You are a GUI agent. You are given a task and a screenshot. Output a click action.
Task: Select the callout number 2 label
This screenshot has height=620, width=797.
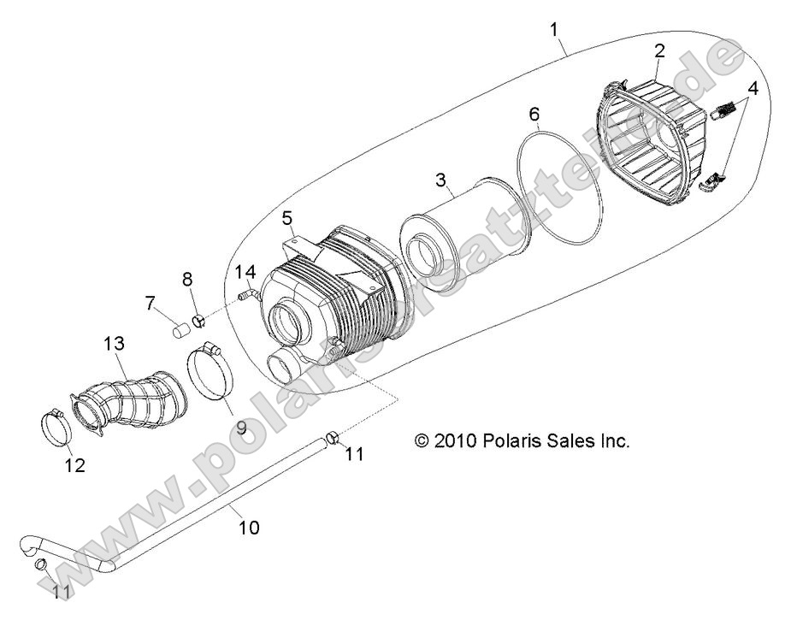click(x=659, y=50)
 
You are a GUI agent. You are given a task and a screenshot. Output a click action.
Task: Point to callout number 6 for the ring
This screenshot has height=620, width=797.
click(x=534, y=114)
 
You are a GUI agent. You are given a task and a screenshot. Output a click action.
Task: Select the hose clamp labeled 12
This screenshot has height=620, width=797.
click(x=56, y=425)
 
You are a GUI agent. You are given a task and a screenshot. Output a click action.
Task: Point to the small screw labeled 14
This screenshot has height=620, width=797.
click(x=245, y=296)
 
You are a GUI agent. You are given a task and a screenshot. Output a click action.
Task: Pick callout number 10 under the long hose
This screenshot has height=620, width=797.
click(x=248, y=528)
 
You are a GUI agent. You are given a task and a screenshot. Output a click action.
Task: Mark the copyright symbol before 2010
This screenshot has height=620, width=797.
click(x=421, y=441)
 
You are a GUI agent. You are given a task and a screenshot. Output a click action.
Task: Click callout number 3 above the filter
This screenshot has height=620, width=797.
click(x=440, y=180)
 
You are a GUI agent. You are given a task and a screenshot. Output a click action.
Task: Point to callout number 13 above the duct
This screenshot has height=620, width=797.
click(x=115, y=344)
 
